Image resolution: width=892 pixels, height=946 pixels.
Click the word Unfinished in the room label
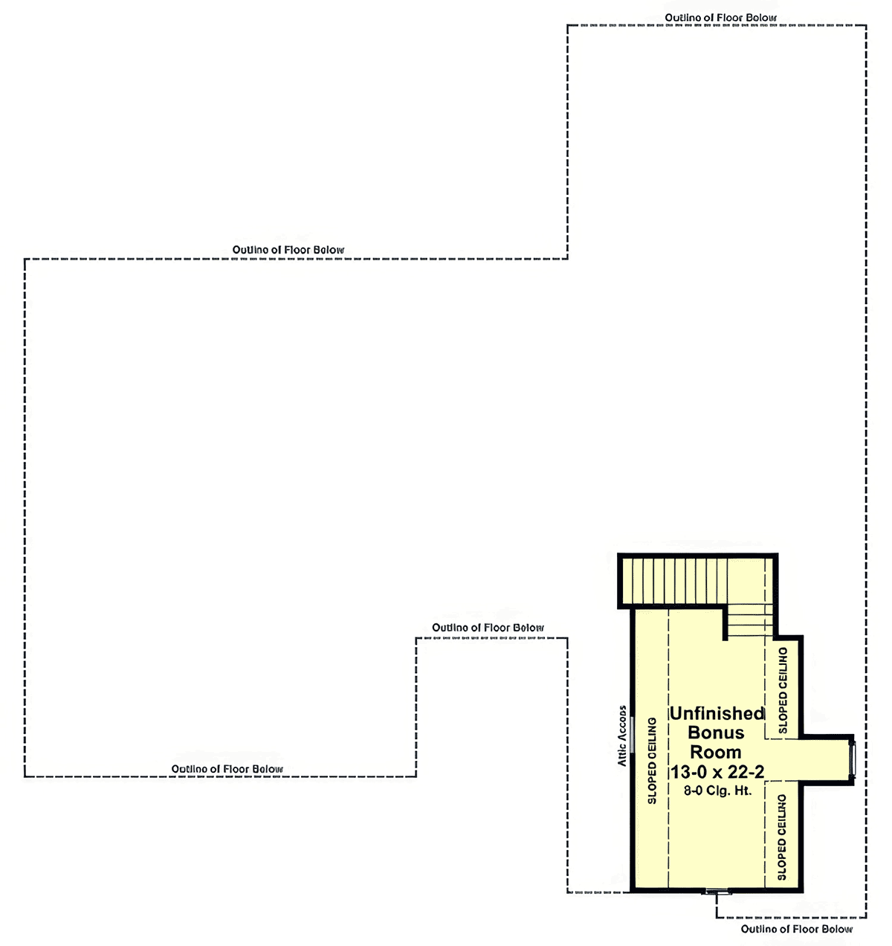point(717,713)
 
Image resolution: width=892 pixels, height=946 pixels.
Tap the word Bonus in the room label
point(716,733)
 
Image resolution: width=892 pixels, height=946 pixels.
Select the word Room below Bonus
point(716,753)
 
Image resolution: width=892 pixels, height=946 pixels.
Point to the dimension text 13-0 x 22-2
point(717,772)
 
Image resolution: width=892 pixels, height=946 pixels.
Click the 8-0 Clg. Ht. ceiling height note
point(718,791)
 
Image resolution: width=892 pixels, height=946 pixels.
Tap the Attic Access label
point(622,736)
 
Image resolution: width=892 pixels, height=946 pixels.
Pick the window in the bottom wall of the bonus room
point(717,891)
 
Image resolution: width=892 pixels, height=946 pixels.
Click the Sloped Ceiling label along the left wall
point(652,761)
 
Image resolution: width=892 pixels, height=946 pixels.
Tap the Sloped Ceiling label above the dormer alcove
point(783,690)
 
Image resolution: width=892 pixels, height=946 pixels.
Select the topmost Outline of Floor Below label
point(720,18)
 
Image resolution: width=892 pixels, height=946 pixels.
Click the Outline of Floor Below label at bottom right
point(796,929)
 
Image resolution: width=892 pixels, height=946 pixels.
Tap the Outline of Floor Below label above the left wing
point(288,250)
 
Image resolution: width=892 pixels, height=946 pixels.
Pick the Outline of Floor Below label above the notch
point(488,628)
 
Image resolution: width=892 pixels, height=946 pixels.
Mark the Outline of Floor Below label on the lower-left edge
point(227,769)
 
